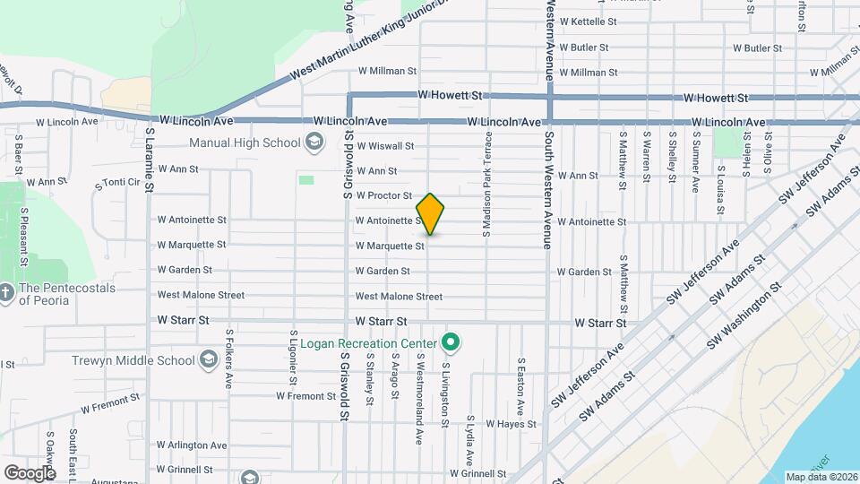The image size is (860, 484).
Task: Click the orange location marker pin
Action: [x=430, y=214]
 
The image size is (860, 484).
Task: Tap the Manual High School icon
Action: [x=314, y=142]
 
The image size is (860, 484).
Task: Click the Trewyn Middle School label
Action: [x=133, y=360]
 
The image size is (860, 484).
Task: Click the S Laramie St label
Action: [x=150, y=158]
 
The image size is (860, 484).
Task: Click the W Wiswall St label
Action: [x=385, y=146]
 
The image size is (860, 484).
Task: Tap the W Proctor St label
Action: [x=383, y=195]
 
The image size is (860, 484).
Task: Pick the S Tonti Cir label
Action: [x=118, y=183]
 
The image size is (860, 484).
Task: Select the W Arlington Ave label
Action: [x=195, y=445]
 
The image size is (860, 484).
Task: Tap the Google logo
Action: [x=30, y=472]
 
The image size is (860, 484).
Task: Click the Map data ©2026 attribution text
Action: [x=821, y=477]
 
